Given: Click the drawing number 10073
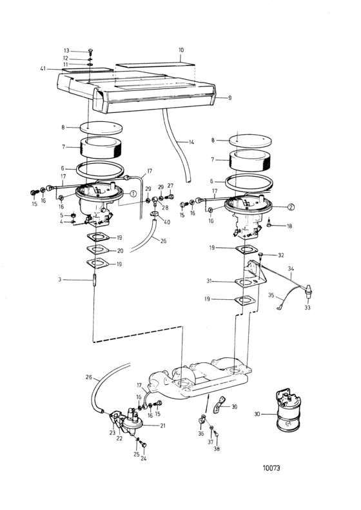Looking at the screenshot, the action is tap(271, 468).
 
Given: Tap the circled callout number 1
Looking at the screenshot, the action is tap(133, 193).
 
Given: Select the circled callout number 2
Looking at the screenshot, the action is tap(291, 207).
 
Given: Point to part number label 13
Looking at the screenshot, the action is tap(66, 51).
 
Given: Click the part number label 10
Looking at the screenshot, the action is tap(181, 50).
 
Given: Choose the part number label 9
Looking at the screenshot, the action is tap(229, 97).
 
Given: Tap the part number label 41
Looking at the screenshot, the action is tap(43, 68).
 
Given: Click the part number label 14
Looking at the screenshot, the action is tap(191, 142).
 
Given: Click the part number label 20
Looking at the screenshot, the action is tap(120, 251).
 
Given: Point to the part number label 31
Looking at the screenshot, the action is tap(208, 280).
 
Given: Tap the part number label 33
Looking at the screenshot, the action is tap(307, 308).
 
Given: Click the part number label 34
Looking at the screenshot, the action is tap(291, 269).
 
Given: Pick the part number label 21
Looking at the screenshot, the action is tap(162, 425).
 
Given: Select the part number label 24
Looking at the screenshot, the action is tap(143, 458).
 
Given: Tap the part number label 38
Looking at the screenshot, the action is tap(217, 449).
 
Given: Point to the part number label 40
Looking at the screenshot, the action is tap(167, 222).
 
